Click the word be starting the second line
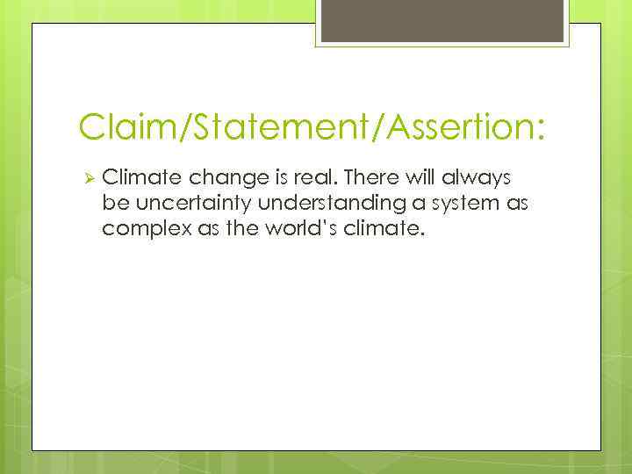pyautogui.click(x=113, y=205)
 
